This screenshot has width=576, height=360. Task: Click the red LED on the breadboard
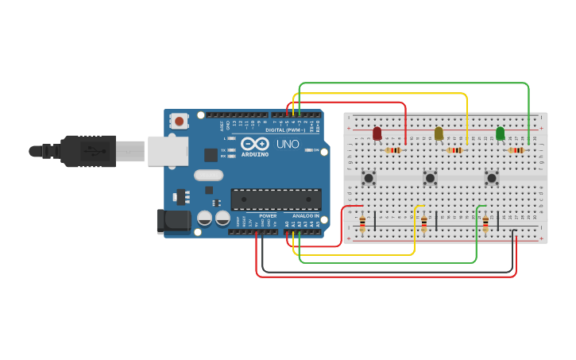[377, 134]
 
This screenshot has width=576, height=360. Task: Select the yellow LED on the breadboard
[439, 134]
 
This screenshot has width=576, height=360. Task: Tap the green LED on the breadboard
[500, 134]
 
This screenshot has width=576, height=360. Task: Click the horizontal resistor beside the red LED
[393, 150]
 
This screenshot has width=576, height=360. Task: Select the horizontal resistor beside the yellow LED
[454, 150]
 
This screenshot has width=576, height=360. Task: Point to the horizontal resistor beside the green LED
[516, 150]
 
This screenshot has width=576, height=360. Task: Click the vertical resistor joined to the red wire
[363, 223]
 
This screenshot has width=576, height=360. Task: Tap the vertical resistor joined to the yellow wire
[424, 223]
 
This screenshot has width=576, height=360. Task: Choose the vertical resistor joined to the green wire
[485, 223]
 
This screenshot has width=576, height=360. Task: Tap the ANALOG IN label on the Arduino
[305, 215]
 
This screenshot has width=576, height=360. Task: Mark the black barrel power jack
[173, 222]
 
